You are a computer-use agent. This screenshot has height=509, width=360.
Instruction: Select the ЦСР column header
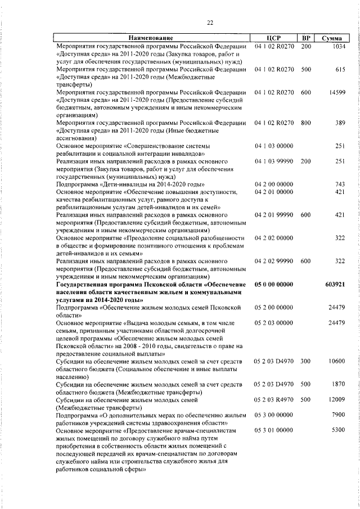tap(273, 38)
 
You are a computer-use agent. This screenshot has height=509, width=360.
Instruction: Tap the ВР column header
tap(307, 38)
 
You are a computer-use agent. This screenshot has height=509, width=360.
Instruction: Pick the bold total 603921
tap(335, 285)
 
